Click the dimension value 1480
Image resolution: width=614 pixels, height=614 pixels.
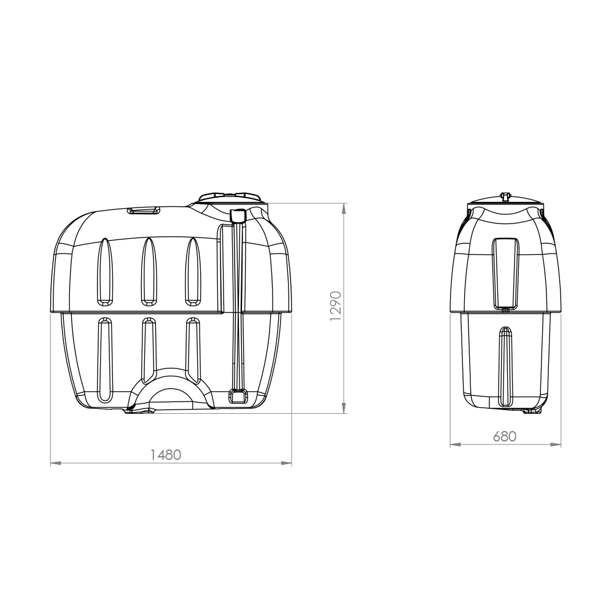(x=166, y=455)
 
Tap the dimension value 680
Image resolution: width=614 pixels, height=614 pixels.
(x=505, y=436)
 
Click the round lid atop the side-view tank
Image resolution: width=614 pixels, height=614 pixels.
(x=232, y=198)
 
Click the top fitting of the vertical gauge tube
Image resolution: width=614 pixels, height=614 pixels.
(x=238, y=216)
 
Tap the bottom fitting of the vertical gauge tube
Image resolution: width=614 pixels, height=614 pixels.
(x=238, y=397)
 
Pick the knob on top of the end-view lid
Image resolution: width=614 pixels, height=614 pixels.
(x=506, y=196)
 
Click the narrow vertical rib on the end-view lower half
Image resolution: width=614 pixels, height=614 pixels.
(x=505, y=366)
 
